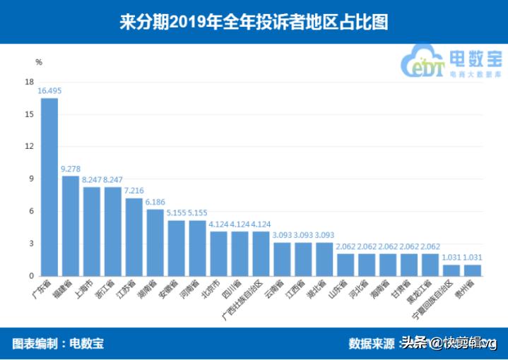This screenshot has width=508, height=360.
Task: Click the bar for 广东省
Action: click(x=49, y=187)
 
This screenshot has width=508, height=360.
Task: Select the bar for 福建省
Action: click(x=71, y=226)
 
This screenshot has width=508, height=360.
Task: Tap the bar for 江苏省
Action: click(x=134, y=237)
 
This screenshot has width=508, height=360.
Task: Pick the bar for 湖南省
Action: click(x=155, y=242)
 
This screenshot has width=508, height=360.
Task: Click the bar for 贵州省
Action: click(x=472, y=270)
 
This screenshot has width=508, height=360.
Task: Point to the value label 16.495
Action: click(x=49, y=91)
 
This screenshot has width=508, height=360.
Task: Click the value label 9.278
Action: click(x=71, y=169)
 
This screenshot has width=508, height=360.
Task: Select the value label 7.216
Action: click(x=134, y=191)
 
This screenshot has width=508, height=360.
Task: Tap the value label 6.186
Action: click(x=155, y=202)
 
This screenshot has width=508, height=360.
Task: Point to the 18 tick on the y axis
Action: click(x=29, y=82)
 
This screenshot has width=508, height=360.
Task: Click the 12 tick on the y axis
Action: click(x=29, y=147)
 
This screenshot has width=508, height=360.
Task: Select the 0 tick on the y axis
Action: click(x=31, y=276)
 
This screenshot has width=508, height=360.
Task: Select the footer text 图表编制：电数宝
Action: click(x=58, y=344)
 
